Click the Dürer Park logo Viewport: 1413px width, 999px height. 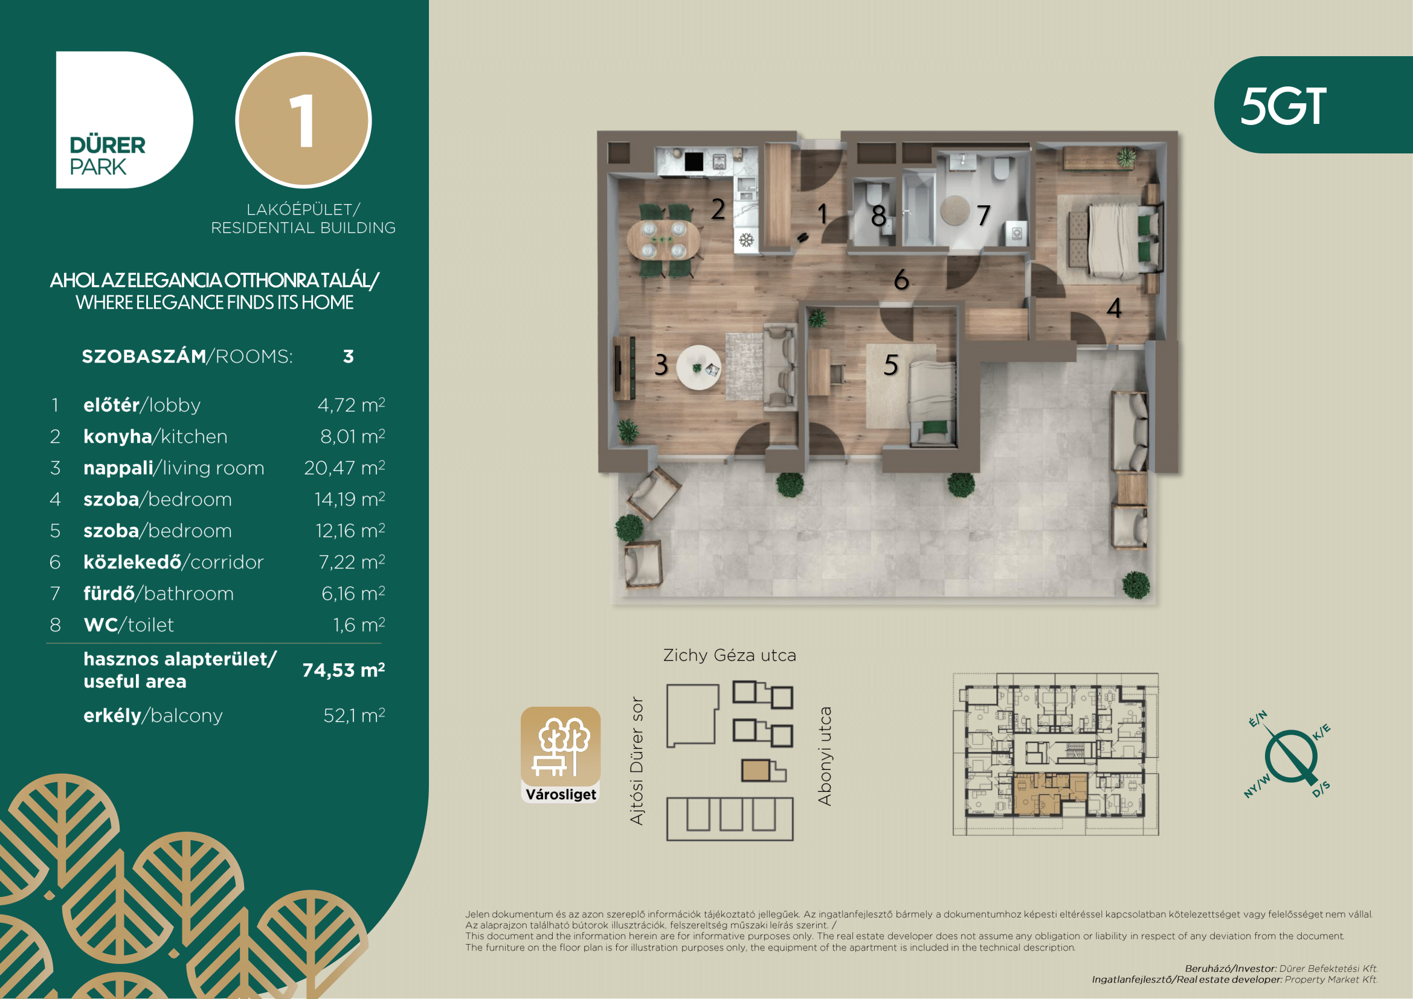coord(124,120)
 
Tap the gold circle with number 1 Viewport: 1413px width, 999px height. coord(303,120)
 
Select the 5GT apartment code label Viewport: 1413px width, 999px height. coord(1283,106)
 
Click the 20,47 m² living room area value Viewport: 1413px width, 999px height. coord(344,467)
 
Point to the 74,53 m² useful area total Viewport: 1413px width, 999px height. coord(343,670)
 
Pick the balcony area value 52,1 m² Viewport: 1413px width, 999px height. coord(355,715)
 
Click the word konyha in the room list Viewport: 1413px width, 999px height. coord(118,436)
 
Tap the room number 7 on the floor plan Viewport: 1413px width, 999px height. coord(983,215)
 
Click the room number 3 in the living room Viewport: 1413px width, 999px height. coord(661,365)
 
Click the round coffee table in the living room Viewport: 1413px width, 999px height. coord(698,367)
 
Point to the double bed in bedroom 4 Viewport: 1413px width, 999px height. coord(1114,239)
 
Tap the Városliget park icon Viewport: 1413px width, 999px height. coord(561,755)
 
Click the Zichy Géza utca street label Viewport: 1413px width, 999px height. coord(729,655)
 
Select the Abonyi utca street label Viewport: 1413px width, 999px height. coord(825,756)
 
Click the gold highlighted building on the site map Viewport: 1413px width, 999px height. coord(756,771)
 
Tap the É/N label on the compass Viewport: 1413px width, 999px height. coord(1258,719)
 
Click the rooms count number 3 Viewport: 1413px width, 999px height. coord(349,356)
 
